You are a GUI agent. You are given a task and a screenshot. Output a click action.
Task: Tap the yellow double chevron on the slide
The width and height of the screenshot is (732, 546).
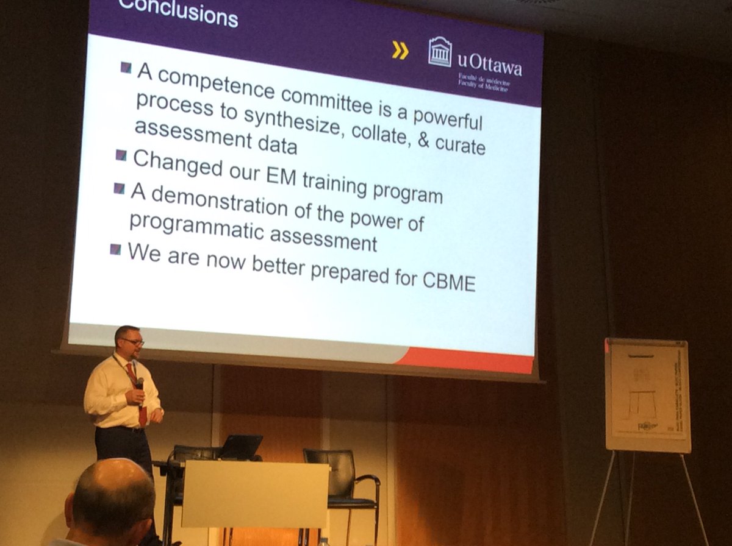pyautogui.click(x=400, y=51)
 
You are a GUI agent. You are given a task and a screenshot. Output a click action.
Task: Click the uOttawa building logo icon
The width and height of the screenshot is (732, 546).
pyautogui.click(x=440, y=52)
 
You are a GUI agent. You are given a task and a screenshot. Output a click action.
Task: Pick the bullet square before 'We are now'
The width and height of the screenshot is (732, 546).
pyautogui.click(x=115, y=249)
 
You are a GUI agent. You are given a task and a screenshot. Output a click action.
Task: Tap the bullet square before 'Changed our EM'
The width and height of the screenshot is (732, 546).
pyautogui.click(x=121, y=155)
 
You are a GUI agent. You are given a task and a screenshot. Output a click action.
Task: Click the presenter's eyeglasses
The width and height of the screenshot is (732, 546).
pyautogui.click(x=132, y=342)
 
